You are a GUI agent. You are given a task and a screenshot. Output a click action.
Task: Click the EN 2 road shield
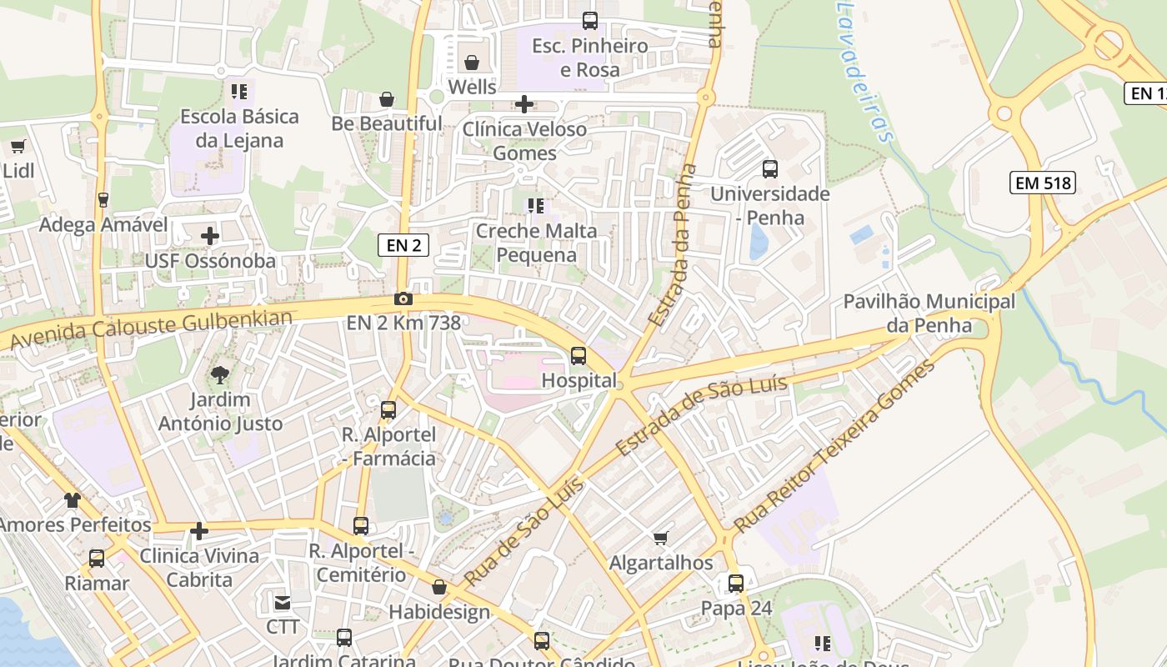(x=403, y=244)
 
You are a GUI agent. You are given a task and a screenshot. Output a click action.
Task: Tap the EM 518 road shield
(x=1043, y=183)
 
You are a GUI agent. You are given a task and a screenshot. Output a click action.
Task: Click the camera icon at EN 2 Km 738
(x=403, y=298)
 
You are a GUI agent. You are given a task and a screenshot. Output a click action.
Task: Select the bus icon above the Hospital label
(x=578, y=356)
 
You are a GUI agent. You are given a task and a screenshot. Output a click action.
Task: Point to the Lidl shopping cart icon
(x=18, y=147)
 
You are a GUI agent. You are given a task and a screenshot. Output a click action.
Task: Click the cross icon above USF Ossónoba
(x=210, y=236)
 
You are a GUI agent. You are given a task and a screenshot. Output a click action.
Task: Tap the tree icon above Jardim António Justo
(x=221, y=374)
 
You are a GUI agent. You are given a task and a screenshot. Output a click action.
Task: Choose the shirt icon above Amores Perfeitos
(x=73, y=500)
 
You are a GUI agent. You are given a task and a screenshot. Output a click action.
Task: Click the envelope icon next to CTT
(x=282, y=602)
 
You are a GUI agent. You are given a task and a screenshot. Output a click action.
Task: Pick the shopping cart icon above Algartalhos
(x=661, y=539)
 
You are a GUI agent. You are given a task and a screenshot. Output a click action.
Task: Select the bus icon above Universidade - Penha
(x=769, y=169)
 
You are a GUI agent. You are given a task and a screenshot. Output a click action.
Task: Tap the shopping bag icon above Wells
(x=472, y=63)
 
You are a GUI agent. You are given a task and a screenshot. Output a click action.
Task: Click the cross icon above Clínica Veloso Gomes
(x=524, y=104)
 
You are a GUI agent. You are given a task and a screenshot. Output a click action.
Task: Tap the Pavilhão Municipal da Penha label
(x=929, y=313)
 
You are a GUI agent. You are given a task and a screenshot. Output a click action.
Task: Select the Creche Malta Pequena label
(x=536, y=243)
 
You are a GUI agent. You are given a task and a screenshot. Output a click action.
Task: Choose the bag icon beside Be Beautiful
(x=387, y=99)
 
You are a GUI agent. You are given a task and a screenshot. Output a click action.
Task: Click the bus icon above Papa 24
(x=736, y=584)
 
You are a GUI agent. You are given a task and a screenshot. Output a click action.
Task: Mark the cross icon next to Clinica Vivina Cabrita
(x=199, y=531)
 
